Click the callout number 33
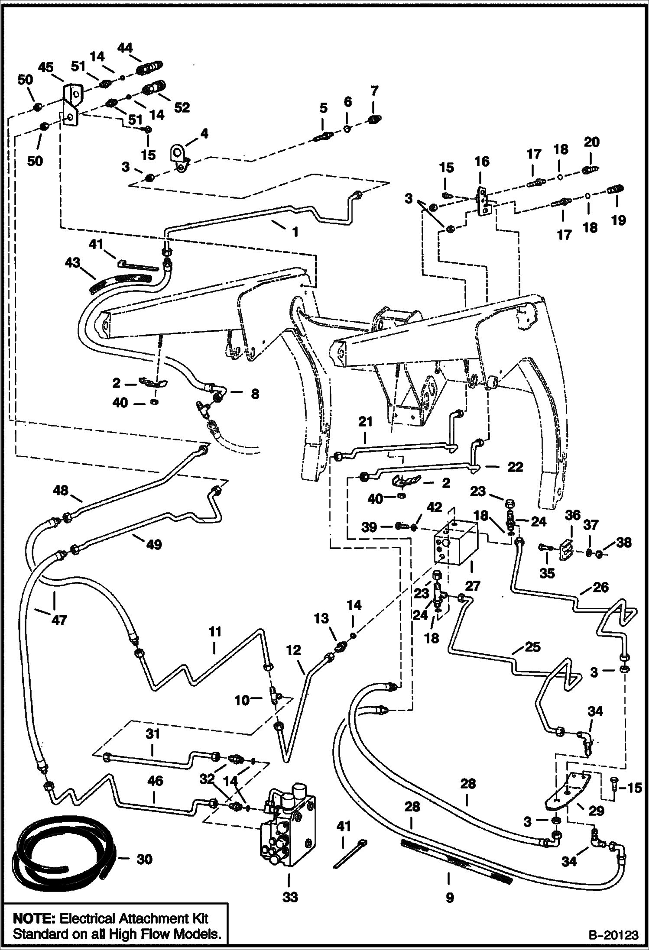[290, 896]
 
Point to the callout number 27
[473, 586]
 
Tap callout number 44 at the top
[125, 47]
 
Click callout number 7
[374, 91]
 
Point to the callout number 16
[482, 162]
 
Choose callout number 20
[592, 142]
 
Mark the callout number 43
[73, 262]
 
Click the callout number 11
[214, 632]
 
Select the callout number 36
[573, 515]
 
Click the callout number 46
[155, 781]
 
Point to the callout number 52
[182, 107]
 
